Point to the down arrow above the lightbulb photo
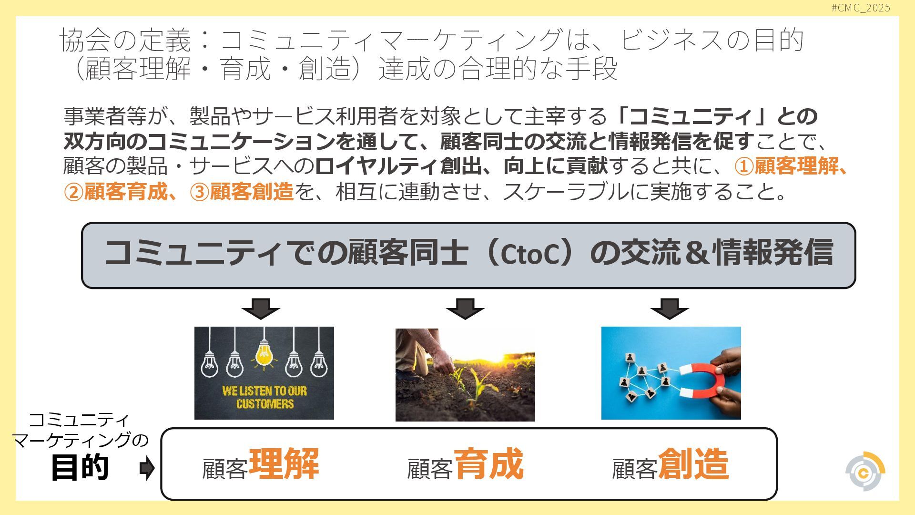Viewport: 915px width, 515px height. [x=261, y=309]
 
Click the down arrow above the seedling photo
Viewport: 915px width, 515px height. [x=465, y=309]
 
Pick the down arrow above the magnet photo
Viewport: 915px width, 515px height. [x=670, y=309]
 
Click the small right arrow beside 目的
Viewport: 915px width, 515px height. [x=147, y=468]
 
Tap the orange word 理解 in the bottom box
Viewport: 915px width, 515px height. [x=284, y=464]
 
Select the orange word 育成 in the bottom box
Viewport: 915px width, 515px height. [x=488, y=464]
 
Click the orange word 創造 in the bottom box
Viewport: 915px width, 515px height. [x=693, y=464]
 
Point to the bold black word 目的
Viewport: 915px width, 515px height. [x=80, y=467]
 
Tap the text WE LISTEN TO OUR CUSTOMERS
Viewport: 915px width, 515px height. [x=264, y=397]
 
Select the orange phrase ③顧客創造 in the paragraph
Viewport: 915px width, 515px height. [x=242, y=192]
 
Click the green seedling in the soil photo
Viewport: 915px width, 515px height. [x=477, y=381]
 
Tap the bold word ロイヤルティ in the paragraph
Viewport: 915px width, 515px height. [x=376, y=166]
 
